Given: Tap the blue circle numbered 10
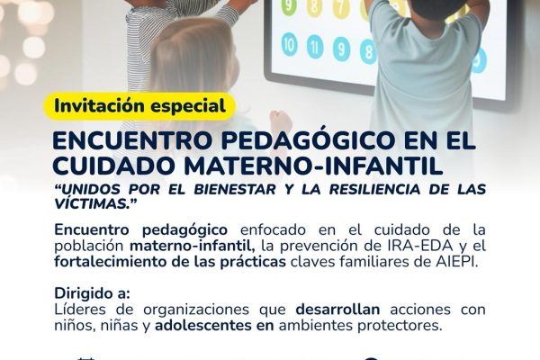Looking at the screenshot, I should coord(289,43).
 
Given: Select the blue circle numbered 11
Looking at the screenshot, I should coord(315,46).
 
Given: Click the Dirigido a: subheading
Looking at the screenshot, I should coord(92,292).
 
